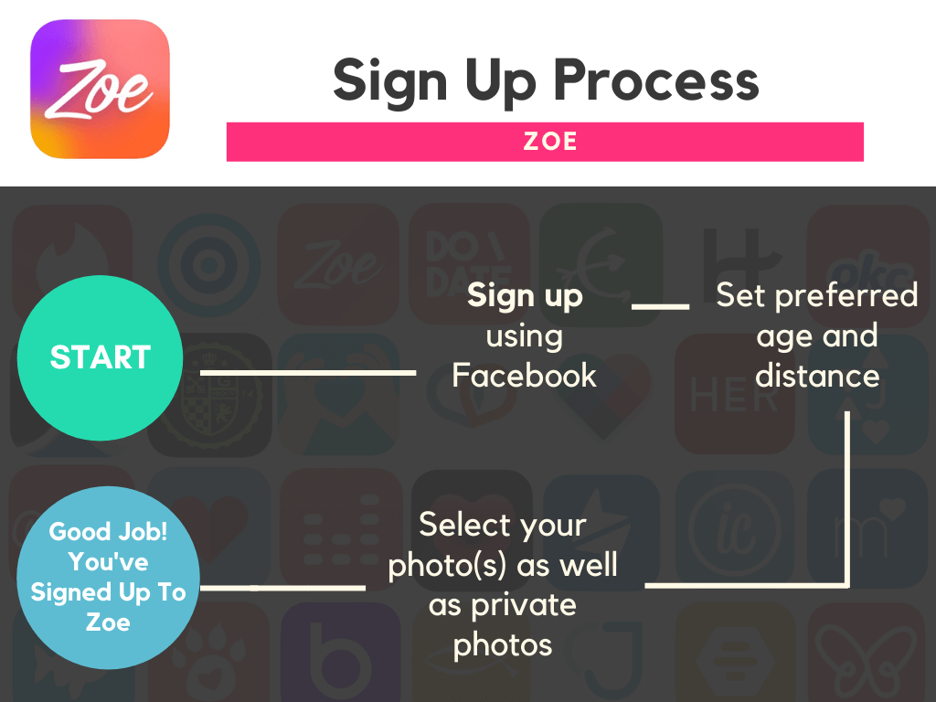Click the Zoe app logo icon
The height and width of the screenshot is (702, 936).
click(x=100, y=89)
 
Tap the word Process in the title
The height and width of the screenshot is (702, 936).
click(x=656, y=80)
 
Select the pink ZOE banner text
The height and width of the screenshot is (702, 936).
click(x=549, y=142)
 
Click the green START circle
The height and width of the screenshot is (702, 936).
click(x=100, y=357)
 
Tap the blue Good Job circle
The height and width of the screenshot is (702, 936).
click(x=108, y=578)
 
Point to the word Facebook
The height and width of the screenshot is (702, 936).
click(x=524, y=376)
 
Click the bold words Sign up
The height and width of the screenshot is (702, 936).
click(x=525, y=297)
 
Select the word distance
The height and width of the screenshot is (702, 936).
click(x=817, y=376)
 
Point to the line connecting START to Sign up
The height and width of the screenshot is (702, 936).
click(x=308, y=373)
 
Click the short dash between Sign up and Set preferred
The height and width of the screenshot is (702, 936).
click(x=660, y=306)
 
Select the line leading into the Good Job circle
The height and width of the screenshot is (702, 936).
click(x=282, y=588)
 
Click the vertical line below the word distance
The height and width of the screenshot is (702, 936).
click(x=847, y=498)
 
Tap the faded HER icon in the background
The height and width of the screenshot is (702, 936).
click(x=734, y=394)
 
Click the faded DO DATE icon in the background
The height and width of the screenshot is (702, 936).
click(x=469, y=264)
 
